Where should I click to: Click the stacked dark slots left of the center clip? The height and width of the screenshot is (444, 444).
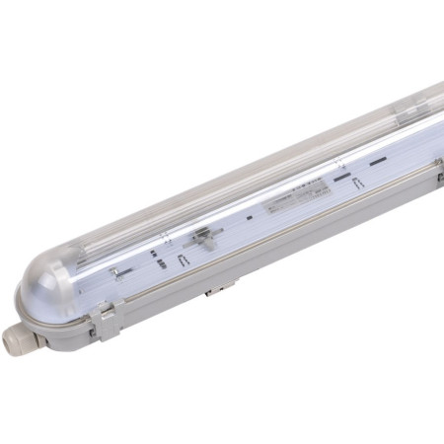pyautogui.click(x=158, y=253)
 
